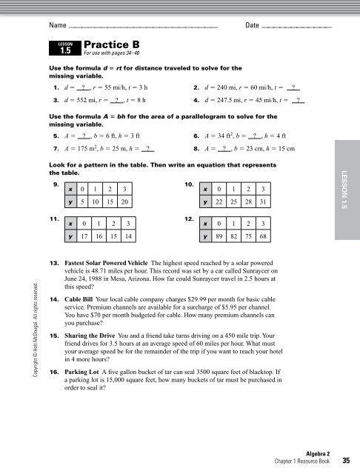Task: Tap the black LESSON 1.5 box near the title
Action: tap(64, 50)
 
